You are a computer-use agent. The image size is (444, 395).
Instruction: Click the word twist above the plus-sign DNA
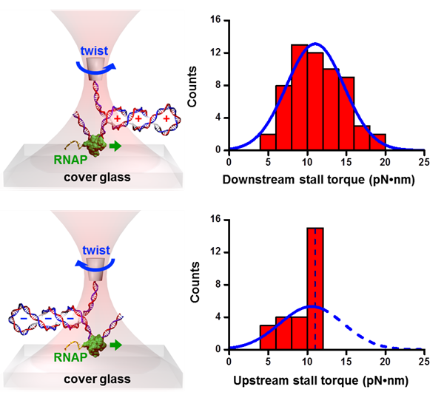[95, 50]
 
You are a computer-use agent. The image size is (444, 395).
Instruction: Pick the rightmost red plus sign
[167, 118]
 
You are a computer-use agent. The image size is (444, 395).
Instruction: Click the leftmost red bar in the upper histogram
[269, 142]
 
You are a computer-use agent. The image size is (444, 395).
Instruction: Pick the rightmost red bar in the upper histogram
[377, 142]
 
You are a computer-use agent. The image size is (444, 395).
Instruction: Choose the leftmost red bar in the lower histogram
[269, 337]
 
